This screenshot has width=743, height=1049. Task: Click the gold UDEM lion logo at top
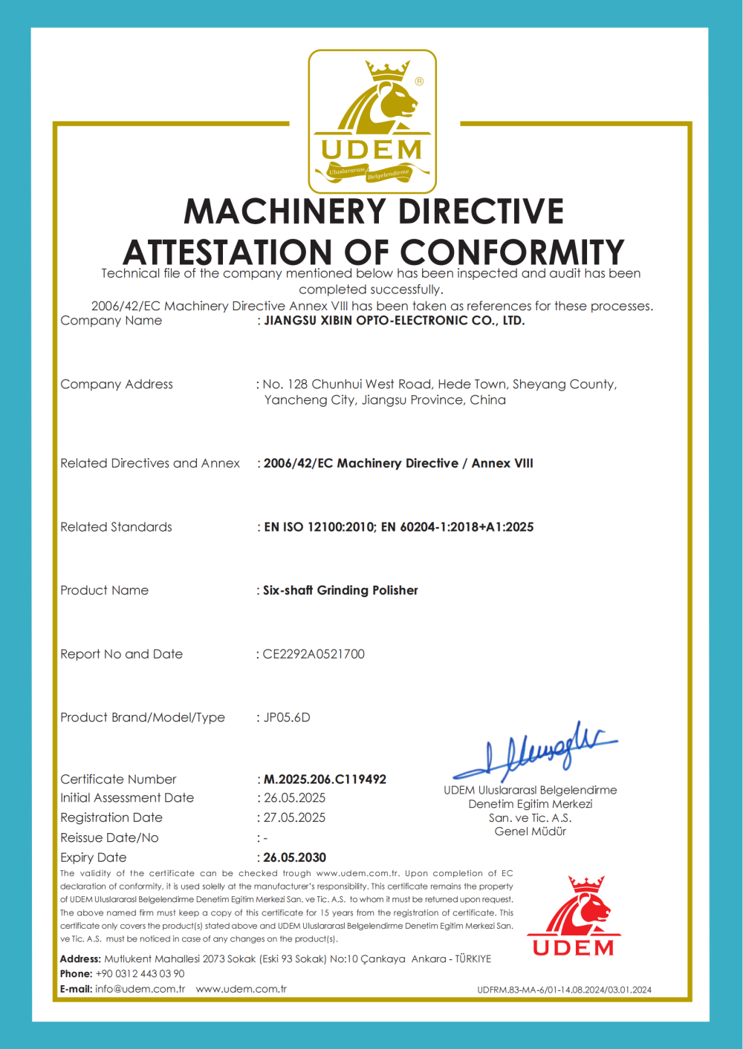(x=372, y=121)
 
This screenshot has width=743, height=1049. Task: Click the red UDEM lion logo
(x=574, y=916)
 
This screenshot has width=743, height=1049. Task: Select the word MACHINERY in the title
(x=287, y=212)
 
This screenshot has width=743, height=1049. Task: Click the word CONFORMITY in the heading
(x=513, y=252)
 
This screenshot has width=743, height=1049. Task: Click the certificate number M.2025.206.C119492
(x=325, y=779)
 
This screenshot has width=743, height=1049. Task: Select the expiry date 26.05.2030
(x=294, y=857)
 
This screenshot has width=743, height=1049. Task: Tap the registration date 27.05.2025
(x=294, y=817)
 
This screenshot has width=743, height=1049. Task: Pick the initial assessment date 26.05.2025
(x=294, y=798)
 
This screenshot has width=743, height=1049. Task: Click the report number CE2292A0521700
(x=314, y=654)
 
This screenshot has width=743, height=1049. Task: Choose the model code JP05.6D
(x=287, y=717)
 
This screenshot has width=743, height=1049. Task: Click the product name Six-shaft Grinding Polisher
(x=340, y=590)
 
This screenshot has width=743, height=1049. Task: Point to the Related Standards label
(x=116, y=527)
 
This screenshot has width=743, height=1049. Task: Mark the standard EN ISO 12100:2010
(x=319, y=527)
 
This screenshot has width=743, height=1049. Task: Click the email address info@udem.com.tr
(x=140, y=989)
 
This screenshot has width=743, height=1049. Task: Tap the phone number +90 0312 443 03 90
(x=140, y=973)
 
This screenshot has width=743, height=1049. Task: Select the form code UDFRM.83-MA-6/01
(x=520, y=990)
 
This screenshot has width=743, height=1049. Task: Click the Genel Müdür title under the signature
(x=531, y=831)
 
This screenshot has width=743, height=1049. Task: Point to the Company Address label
(x=117, y=384)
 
